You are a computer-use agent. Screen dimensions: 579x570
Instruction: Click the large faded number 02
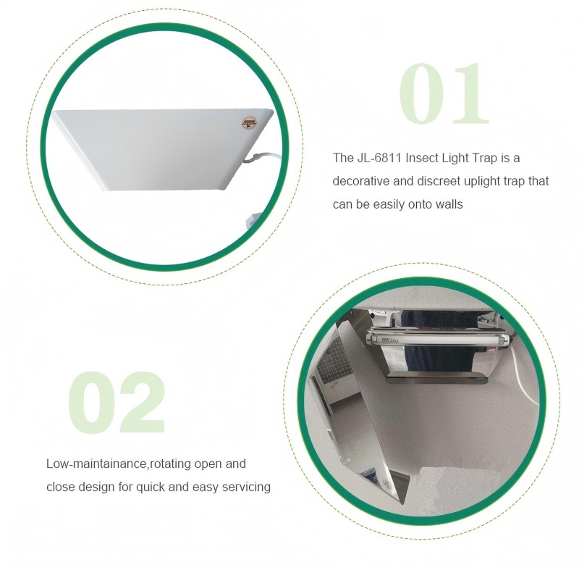click(x=117, y=402)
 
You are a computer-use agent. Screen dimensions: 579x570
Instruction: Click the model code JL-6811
click(x=379, y=158)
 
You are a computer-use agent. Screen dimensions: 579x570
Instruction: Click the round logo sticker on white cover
click(x=249, y=122)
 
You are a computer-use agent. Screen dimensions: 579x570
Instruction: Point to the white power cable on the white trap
click(x=266, y=159)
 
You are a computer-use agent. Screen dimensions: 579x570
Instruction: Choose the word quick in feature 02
click(x=151, y=487)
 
